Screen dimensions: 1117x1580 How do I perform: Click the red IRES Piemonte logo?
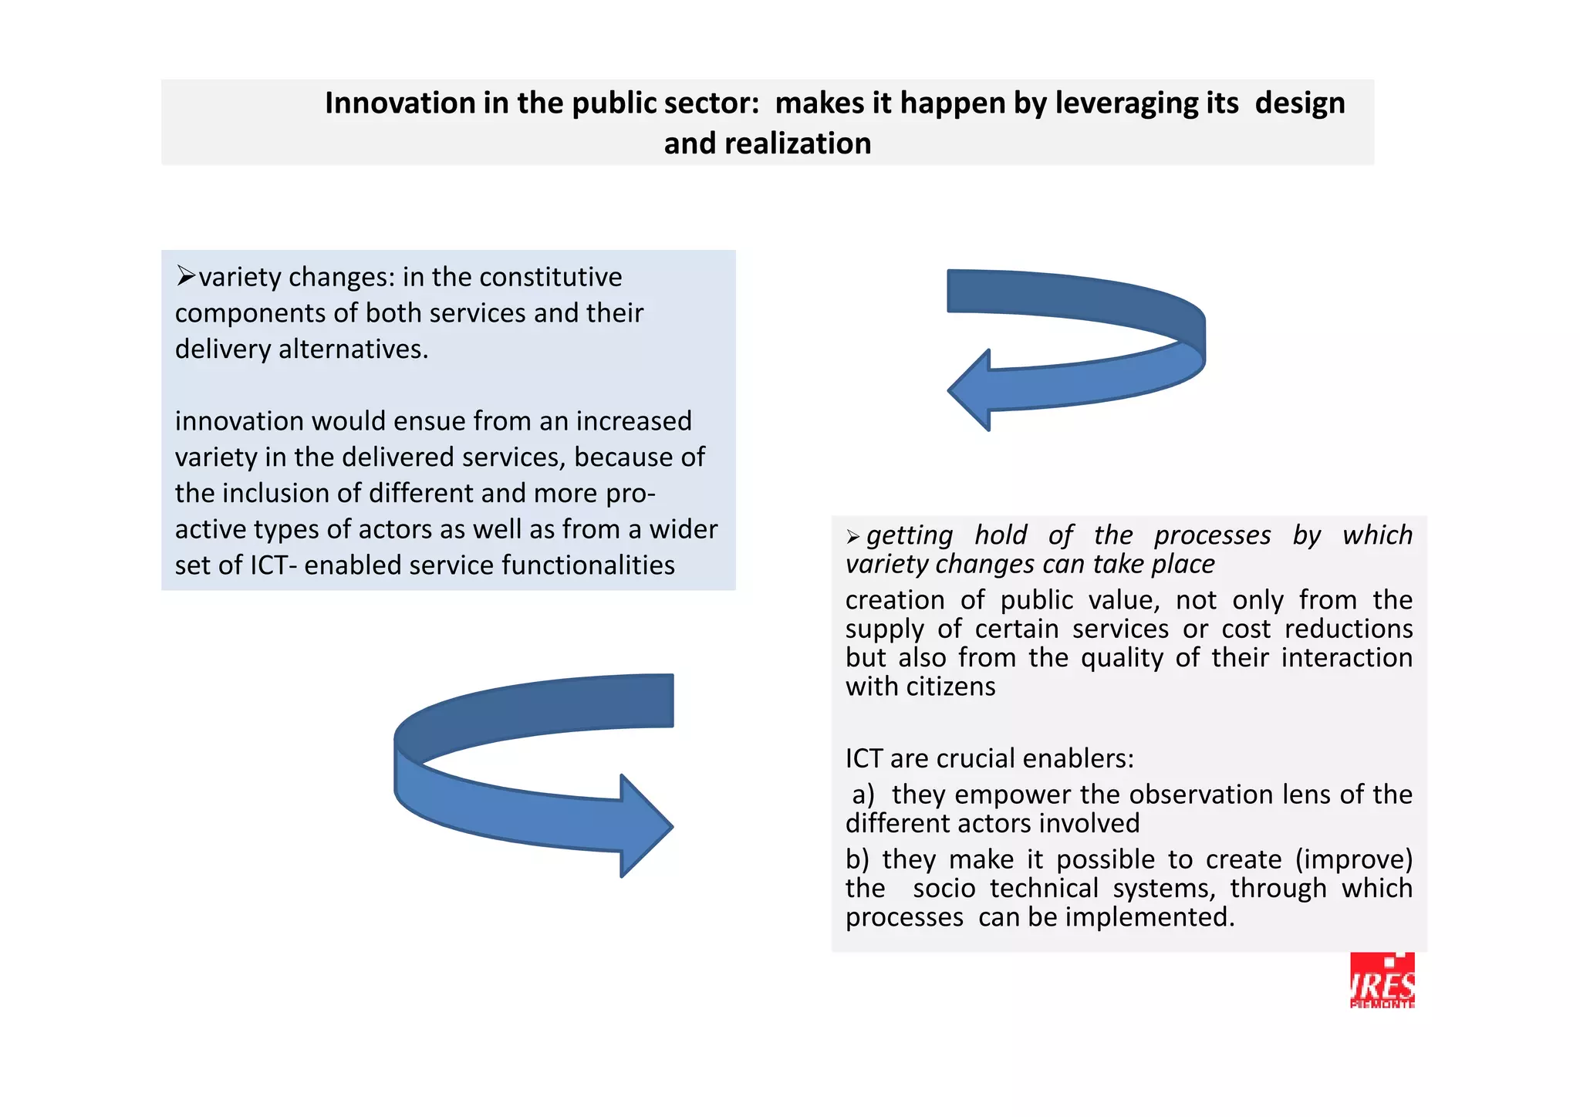[x=1382, y=980]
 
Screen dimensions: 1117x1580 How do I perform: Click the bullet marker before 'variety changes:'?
[x=185, y=275]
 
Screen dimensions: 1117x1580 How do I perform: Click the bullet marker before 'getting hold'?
[x=852, y=536]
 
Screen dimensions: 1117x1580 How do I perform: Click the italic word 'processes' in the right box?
[x=1212, y=535]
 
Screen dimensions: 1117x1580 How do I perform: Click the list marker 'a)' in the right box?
[x=863, y=795]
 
